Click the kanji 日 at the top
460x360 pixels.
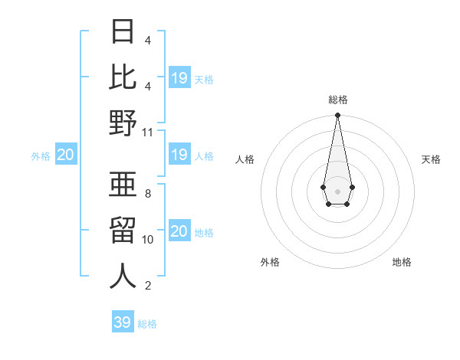tap(123, 33)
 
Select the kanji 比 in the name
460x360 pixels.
tap(123, 77)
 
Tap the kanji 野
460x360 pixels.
tap(123, 123)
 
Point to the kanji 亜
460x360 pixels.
tap(123, 185)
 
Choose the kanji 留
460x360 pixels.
tap(123, 231)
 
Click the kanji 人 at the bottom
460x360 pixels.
tap(123, 276)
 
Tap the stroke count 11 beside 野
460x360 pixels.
tap(148, 133)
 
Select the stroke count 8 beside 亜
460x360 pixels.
tap(148, 194)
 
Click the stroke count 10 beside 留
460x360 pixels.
tap(148, 240)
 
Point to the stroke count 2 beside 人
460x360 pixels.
tap(148, 286)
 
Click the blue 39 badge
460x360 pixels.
tap(122, 322)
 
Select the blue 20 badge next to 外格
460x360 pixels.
tap(65, 155)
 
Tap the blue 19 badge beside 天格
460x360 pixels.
tap(179, 77)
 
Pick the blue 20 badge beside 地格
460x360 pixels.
tap(179, 231)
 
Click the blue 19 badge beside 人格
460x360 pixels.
tap(179, 155)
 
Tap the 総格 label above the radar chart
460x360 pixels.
tap(337, 100)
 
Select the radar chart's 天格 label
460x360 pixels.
tap(432, 159)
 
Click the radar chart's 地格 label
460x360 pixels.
tap(402, 262)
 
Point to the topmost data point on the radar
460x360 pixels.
tap(337, 115)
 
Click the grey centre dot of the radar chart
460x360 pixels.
tap(337, 190)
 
